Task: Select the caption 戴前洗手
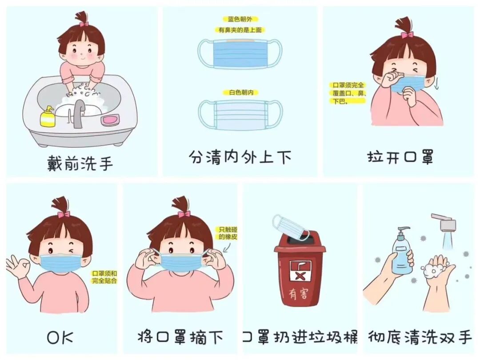(80, 163)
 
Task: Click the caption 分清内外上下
(240, 157)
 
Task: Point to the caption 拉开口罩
(400, 156)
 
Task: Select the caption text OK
(60, 338)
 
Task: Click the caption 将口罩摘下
(180, 338)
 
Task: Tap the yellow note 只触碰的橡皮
(228, 233)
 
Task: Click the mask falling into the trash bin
(291, 227)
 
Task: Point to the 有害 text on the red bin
(299, 294)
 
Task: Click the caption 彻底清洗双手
(420, 337)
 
